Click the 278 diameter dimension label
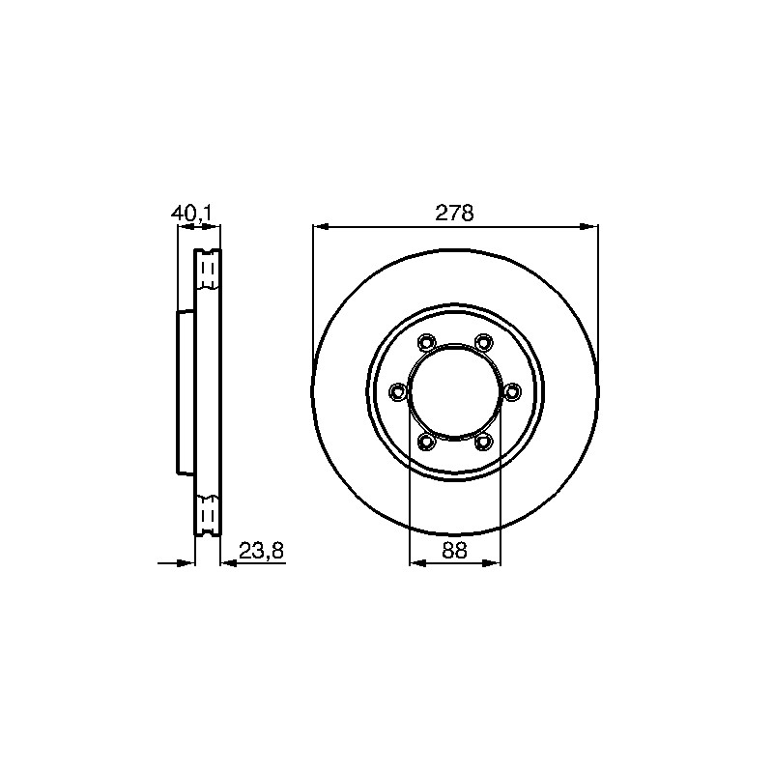coord(454,213)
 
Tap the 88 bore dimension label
coord(454,550)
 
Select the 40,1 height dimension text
coord(191,213)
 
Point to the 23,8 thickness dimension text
coord(261,550)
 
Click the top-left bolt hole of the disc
coord(426,342)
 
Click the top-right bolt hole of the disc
coord(483,342)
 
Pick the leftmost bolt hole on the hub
coord(397,392)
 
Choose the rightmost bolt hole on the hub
coord(512,392)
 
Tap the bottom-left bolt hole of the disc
coord(426,442)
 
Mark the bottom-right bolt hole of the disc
coord(483,442)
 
